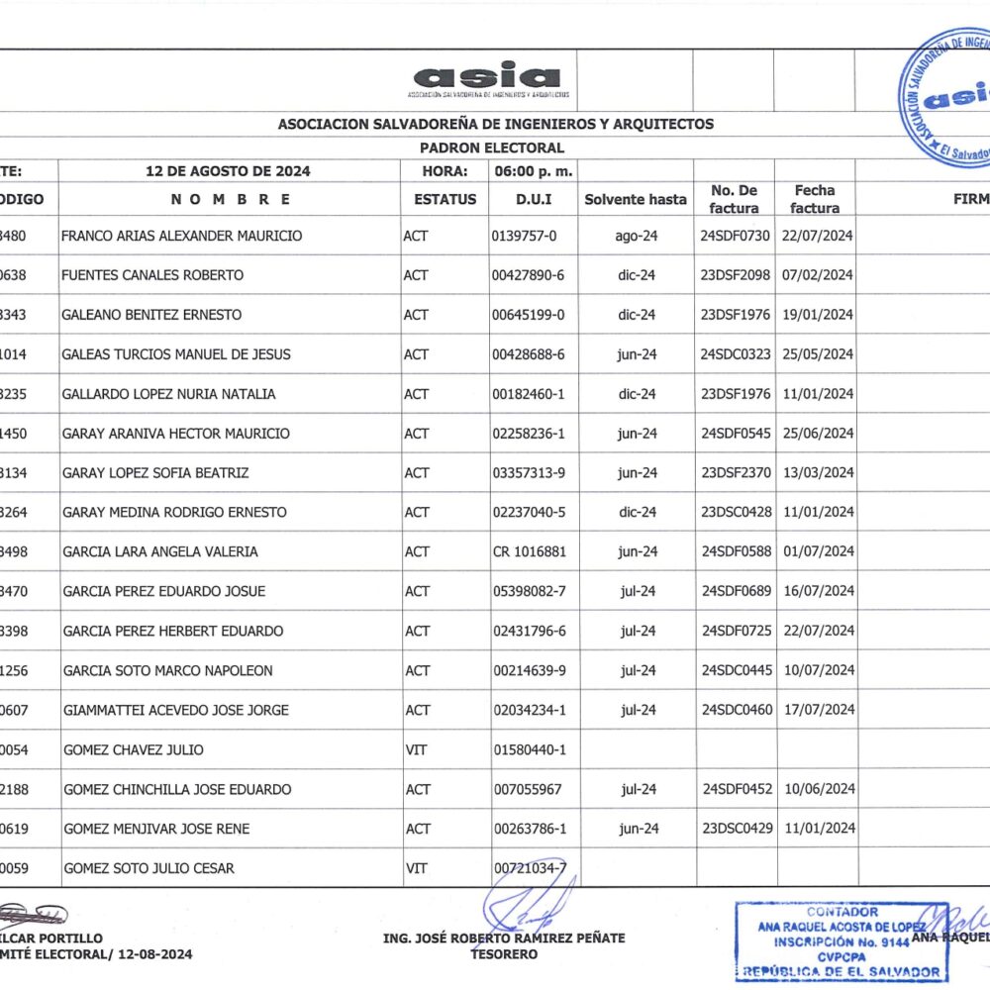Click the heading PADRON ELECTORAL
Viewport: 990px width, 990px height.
click(x=492, y=148)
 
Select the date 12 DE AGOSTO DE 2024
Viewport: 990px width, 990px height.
click(x=228, y=171)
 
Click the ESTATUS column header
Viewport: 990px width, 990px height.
click(x=445, y=199)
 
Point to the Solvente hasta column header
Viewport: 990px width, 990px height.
click(x=635, y=199)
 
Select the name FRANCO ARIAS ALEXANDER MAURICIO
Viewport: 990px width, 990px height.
click(x=182, y=236)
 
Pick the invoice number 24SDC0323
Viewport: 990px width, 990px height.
click(x=735, y=354)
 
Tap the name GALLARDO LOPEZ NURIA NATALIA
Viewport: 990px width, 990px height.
click(x=169, y=394)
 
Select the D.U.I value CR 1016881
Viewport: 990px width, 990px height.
click(x=530, y=551)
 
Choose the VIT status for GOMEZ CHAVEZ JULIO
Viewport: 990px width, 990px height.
click(x=416, y=749)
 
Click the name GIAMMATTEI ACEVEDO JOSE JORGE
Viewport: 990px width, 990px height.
click(x=176, y=710)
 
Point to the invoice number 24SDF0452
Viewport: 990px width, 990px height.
click(x=736, y=789)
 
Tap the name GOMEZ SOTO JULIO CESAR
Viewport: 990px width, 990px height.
click(x=149, y=868)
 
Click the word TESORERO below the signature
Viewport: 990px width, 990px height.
click(x=504, y=954)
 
